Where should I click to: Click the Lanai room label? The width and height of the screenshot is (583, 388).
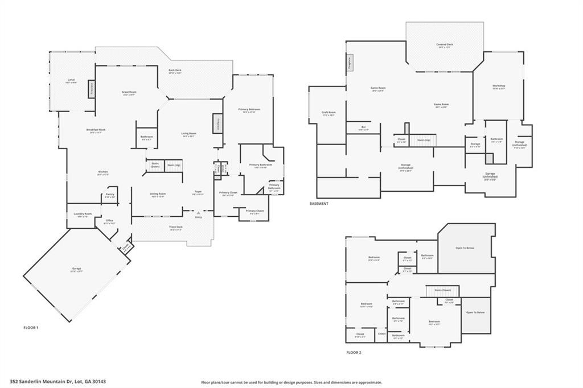[71, 80]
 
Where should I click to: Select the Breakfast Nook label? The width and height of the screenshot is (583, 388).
[96, 130]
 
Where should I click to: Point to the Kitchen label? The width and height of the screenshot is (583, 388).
[102, 172]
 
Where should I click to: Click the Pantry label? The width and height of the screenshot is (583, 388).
[110, 195]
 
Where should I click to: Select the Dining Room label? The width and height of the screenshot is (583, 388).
[158, 195]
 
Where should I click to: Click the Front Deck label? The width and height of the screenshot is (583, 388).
[176, 228]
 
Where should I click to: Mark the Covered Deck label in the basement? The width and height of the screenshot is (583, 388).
[445, 45]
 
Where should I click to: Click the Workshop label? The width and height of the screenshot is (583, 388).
[499, 86]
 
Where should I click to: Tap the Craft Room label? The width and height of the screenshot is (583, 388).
[329, 113]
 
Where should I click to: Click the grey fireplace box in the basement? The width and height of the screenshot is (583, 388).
[350, 63]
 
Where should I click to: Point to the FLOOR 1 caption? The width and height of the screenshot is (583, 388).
[30, 328]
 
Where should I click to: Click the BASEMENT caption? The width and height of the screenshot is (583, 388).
[319, 203]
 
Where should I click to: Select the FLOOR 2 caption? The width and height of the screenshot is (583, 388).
[354, 353]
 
